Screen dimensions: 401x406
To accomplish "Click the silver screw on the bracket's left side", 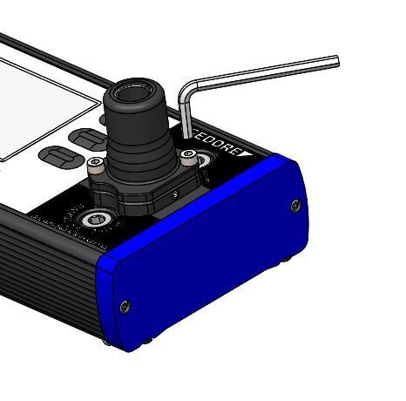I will pyautogui.click(x=102, y=163).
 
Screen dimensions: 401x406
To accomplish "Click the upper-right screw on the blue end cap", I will pyautogui.click(x=294, y=205).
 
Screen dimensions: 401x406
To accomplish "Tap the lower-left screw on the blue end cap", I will pyautogui.click(x=125, y=305).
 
